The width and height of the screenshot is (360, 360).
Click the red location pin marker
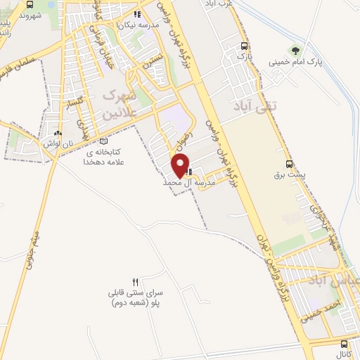pos(181,164)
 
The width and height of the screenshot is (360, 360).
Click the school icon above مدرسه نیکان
pos(139,13)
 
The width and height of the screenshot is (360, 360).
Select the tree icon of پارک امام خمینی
pos(295,51)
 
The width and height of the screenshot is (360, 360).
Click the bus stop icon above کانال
pos(344,344)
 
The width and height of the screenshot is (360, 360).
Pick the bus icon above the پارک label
pos(243,44)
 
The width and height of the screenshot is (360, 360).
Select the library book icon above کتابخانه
pos(105,141)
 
